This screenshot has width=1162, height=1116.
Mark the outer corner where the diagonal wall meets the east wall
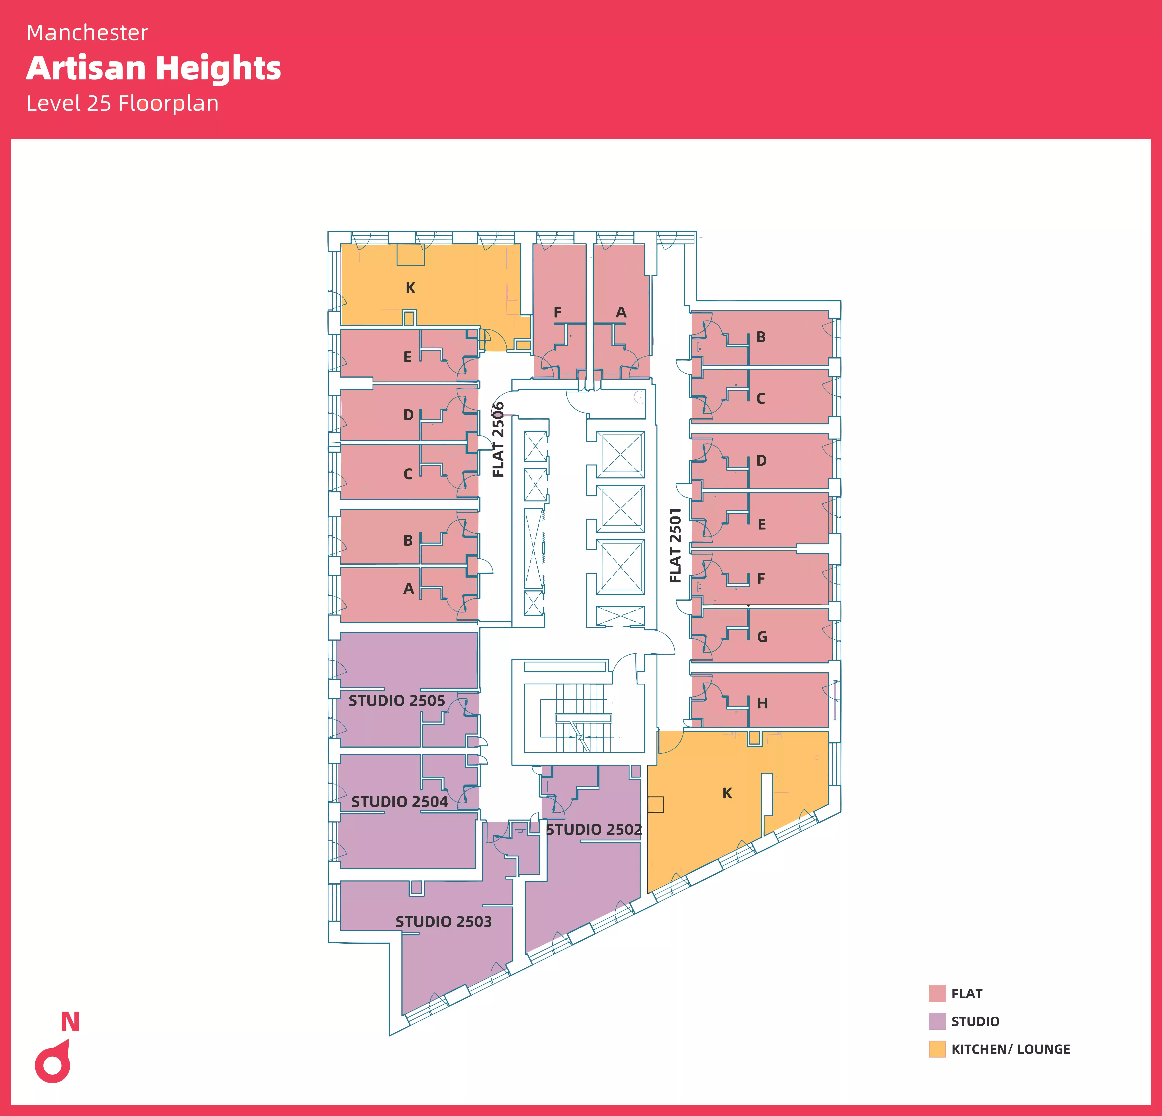841,811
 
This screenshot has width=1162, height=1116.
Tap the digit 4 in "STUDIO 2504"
442,802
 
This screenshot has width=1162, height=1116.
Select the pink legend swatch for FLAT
937,993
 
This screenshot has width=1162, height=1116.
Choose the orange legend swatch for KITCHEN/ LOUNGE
937,1049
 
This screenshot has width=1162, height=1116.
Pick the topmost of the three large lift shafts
620,454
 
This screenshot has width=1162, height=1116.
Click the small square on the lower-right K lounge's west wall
656,804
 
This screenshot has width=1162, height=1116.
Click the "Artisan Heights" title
154,68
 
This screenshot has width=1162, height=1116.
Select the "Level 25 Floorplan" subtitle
123,103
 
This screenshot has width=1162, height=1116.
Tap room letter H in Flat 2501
762,703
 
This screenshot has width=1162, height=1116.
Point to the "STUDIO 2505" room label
397,700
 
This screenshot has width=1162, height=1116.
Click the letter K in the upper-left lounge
410,288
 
